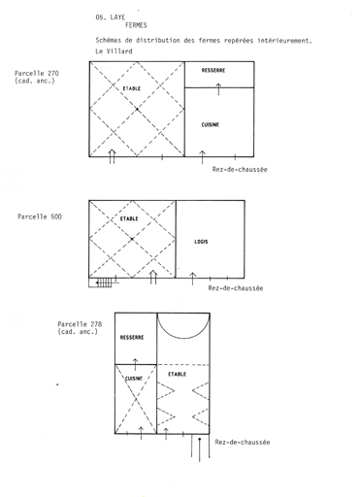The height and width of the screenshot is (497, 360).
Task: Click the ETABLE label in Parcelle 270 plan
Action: tap(132, 88)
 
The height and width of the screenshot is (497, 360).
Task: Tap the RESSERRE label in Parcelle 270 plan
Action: tap(213, 70)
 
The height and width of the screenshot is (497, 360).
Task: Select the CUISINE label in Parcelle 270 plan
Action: tap(211, 124)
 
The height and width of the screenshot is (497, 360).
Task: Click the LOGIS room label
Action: tap(201, 242)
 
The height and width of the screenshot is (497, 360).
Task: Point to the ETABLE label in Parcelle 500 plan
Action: tap(129, 218)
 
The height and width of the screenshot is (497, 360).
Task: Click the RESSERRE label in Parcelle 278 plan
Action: tap(132, 338)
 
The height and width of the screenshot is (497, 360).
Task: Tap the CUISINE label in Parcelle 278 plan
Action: tap(134, 379)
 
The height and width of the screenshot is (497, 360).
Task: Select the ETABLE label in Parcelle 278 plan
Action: tap(178, 374)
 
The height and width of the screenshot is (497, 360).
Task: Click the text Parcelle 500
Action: tap(40, 216)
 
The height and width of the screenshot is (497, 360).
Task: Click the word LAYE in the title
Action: tap(117, 17)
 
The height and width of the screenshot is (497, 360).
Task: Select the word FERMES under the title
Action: tap(136, 25)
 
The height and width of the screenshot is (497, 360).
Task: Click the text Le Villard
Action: tap(114, 51)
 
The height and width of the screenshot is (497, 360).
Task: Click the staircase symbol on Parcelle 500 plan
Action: tap(104, 282)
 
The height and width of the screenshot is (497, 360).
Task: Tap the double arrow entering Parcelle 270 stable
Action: tap(112, 156)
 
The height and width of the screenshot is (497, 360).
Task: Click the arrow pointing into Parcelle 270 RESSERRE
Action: tap(218, 89)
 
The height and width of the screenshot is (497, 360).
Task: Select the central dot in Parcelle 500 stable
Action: tap(132, 239)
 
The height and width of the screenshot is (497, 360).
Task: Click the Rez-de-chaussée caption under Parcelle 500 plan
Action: tap(236, 288)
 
